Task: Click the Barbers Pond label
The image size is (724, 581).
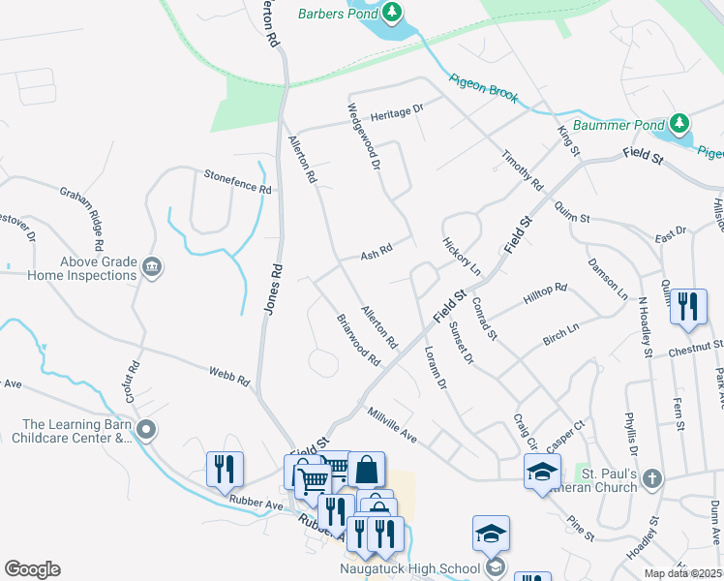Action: click(335, 14)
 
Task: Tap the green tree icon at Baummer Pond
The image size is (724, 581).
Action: click(680, 124)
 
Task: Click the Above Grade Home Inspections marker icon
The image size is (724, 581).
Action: click(151, 266)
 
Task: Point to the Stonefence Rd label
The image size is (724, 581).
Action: click(237, 181)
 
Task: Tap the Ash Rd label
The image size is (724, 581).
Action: click(376, 253)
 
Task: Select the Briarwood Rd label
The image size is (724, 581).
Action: click(358, 340)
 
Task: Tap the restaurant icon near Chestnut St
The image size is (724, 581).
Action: click(688, 307)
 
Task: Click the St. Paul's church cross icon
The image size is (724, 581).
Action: click(653, 477)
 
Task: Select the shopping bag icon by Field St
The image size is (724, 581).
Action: click(367, 470)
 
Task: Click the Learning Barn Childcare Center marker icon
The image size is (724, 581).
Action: click(146, 429)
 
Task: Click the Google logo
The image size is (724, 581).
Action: click(32, 569)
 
